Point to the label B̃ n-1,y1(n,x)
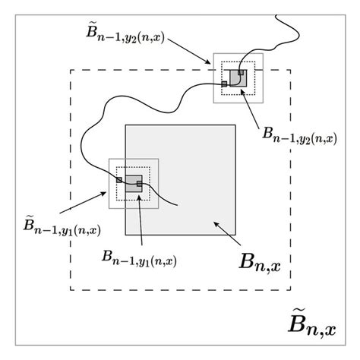62,226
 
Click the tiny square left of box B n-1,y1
118,179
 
